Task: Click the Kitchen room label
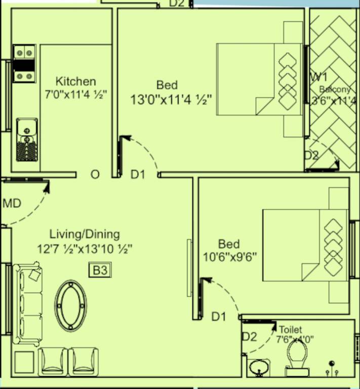pos(75,81)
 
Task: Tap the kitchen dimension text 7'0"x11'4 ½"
pos(75,95)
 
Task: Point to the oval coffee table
pos(70,306)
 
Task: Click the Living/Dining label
pos(85,234)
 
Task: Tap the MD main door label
pos(12,204)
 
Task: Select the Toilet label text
pos(290,330)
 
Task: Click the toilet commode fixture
pos(297,358)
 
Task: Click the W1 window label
pos(318,77)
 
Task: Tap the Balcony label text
pos(335,90)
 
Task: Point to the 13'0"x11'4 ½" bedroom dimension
pos(171,99)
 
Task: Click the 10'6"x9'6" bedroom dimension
pos(230,256)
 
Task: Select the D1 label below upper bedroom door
pos(138,175)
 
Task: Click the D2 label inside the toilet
pos(249,336)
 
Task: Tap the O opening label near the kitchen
pos(95,175)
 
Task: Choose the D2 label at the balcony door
pos(311,155)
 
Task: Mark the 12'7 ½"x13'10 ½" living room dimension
pos(85,249)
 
